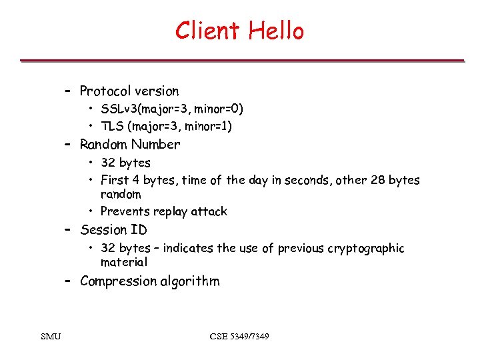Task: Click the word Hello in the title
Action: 276,31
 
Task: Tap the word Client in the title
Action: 208,31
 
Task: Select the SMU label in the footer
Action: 50,337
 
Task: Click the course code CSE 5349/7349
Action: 239,337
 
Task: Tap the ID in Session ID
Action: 139,230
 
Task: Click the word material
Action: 124,262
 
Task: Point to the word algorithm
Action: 190,281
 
